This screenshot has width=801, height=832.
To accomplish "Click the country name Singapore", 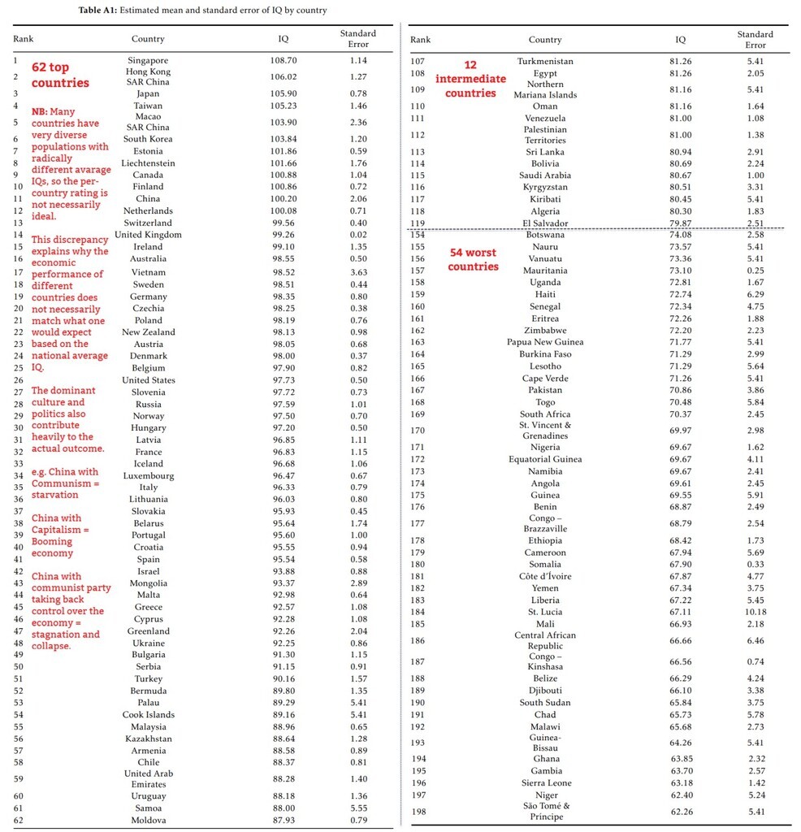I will pos(148,60).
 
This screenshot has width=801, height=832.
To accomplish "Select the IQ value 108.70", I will pos(284,60).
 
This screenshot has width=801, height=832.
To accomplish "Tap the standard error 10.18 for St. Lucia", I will pos(755,612).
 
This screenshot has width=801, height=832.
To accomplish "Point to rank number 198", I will pos(418,812).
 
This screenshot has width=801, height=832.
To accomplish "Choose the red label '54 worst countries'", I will pos(473,259).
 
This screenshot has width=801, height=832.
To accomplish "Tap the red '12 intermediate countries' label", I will pos(470,79).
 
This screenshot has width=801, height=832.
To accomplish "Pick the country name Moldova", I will pos(148,820).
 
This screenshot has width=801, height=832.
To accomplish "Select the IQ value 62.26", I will pos(680,812).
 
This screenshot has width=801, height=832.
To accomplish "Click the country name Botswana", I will pos(544,235).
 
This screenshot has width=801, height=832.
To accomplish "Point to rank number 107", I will pos(418,61).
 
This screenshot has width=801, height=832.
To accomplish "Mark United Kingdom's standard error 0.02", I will pos(357,235).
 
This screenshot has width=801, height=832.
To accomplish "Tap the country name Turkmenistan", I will pos(545,61).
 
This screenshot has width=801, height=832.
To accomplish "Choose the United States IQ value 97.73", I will pos(284,379).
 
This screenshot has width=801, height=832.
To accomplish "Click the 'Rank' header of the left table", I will pos(23,38).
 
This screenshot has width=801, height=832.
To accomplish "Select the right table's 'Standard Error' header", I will pos(755,39).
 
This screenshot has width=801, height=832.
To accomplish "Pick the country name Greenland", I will pos(148,630).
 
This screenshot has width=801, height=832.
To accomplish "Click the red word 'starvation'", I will pos(55,495).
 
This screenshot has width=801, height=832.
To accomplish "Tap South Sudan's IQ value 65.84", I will pos(680,703).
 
